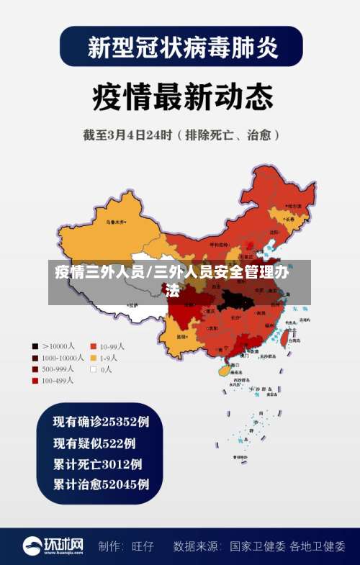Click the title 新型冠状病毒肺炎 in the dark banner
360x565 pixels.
click(x=180, y=48)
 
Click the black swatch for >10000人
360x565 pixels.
click(x=35, y=346)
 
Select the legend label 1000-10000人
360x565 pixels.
click(x=63, y=358)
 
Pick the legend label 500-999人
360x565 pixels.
click(x=58, y=369)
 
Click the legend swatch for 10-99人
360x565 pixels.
click(x=93, y=346)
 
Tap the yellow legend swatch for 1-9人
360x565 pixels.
click(x=93, y=358)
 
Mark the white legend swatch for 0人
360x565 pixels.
click(x=93, y=369)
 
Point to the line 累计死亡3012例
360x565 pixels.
click(x=97, y=464)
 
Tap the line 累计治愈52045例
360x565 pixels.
click(x=101, y=484)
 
